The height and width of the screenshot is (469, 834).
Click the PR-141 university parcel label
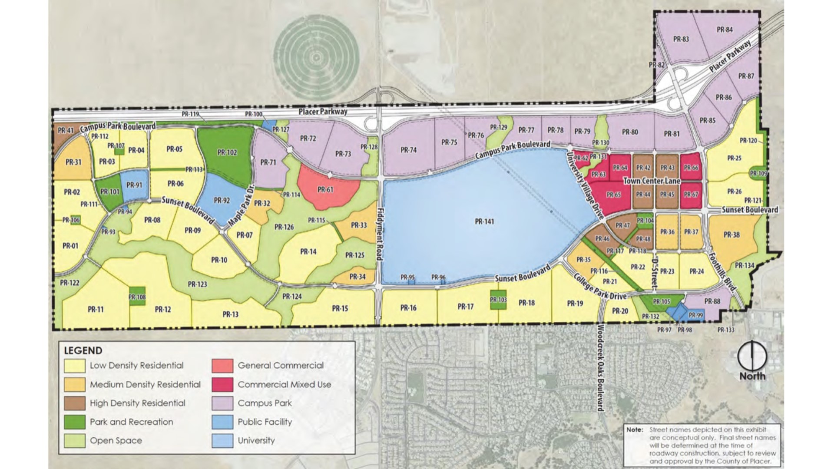[x=484, y=221]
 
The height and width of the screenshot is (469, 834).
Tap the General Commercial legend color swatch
[x=222, y=366]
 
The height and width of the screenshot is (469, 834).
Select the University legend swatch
[x=222, y=440]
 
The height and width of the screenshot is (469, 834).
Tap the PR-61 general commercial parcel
[x=325, y=190]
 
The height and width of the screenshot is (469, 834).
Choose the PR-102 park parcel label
[x=227, y=152]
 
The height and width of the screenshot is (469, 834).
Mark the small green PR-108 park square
[x=137, y=297]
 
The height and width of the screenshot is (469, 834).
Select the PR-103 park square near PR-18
[x=498, y=300]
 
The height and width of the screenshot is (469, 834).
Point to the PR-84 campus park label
[x=725, y=30]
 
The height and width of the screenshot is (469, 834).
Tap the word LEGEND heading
[x=83, y=350]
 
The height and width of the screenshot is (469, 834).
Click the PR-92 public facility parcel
[x=222, y=201]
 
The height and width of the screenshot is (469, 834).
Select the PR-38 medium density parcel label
[x=731, y=234]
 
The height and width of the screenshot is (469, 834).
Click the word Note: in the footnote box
[x=635, y=429]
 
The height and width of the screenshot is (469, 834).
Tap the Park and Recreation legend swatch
[x=74, y=422]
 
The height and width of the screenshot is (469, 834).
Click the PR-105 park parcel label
[x=662, y=301]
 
